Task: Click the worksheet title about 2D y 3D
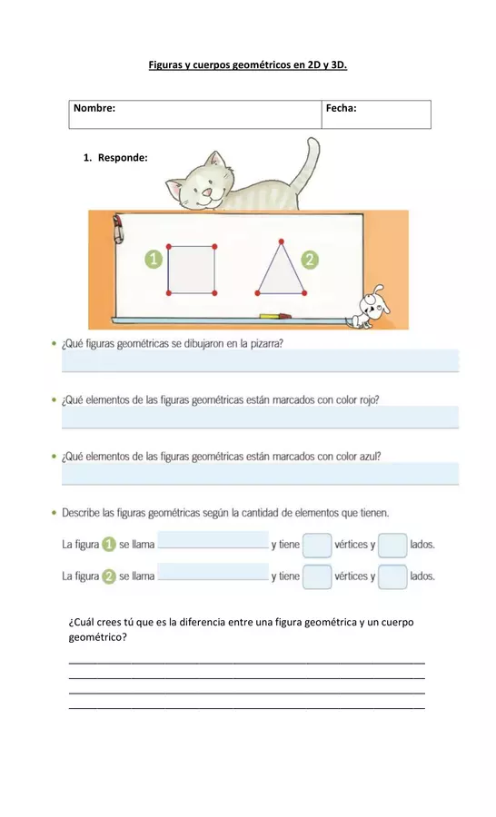tap(248, 65)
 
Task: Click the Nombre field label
tap(94, 108)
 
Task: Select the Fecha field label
tap(342, 108)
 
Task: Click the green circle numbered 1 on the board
tap(154, 260)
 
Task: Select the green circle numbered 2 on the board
tap(311, 260)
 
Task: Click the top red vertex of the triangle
tap(282, 241)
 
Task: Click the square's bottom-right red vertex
tap(215, 292)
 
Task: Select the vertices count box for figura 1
tap(316, 546)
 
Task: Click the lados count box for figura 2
tap(392, 576)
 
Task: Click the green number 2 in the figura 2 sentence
tap(108, 576)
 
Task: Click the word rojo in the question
tap(368, 400)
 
